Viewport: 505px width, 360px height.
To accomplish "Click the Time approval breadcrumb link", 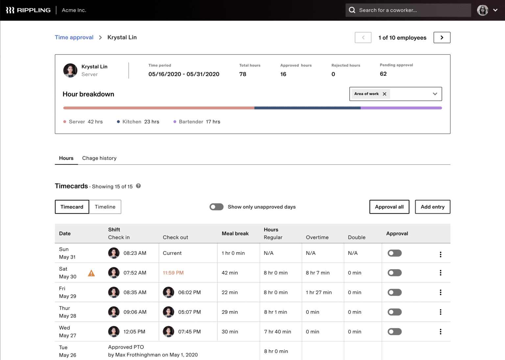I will pyautogui.click(x=74, y=37).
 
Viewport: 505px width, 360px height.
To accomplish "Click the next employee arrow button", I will pyautogui.click(x=442, y=37).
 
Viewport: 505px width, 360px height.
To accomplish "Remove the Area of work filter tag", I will pyautogui.click(x=384, y=94).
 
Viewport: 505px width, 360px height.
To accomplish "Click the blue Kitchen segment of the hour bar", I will pyautogui.click(x=307, y=108).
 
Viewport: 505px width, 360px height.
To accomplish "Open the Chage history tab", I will pyautogui.click(x=99, y=158).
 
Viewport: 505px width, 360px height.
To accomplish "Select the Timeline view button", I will pyautogui.click(x=105, y=207).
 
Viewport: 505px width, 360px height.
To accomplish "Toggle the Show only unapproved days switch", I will pyautogui.click(x=216, y=207).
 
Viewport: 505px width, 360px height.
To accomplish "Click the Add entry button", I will pyautogui.click(x=432, y=207).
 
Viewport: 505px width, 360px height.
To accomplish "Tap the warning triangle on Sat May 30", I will pyautogui.click(x=91, y=273).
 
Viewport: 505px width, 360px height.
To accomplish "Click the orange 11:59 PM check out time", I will pyautogui.click(x=173, y=273).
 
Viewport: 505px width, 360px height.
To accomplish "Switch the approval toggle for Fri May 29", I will pyautogui.click(x=395, y=292).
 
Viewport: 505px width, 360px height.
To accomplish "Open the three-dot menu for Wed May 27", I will pyautogui.click(x=441, y=332).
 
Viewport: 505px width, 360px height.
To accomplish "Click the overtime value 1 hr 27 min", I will pyautogui.click(x=319, y=292).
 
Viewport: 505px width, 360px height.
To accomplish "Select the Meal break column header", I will pyautogui.click(x=235, y=233).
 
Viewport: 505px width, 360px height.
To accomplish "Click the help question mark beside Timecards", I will pyautogui.click(x=138, y=186).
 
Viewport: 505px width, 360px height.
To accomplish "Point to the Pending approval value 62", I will pyautogui.click(x=383, y=74).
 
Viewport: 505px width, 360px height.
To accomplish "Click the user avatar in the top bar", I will pyautogui.click(x=482, y=10).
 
